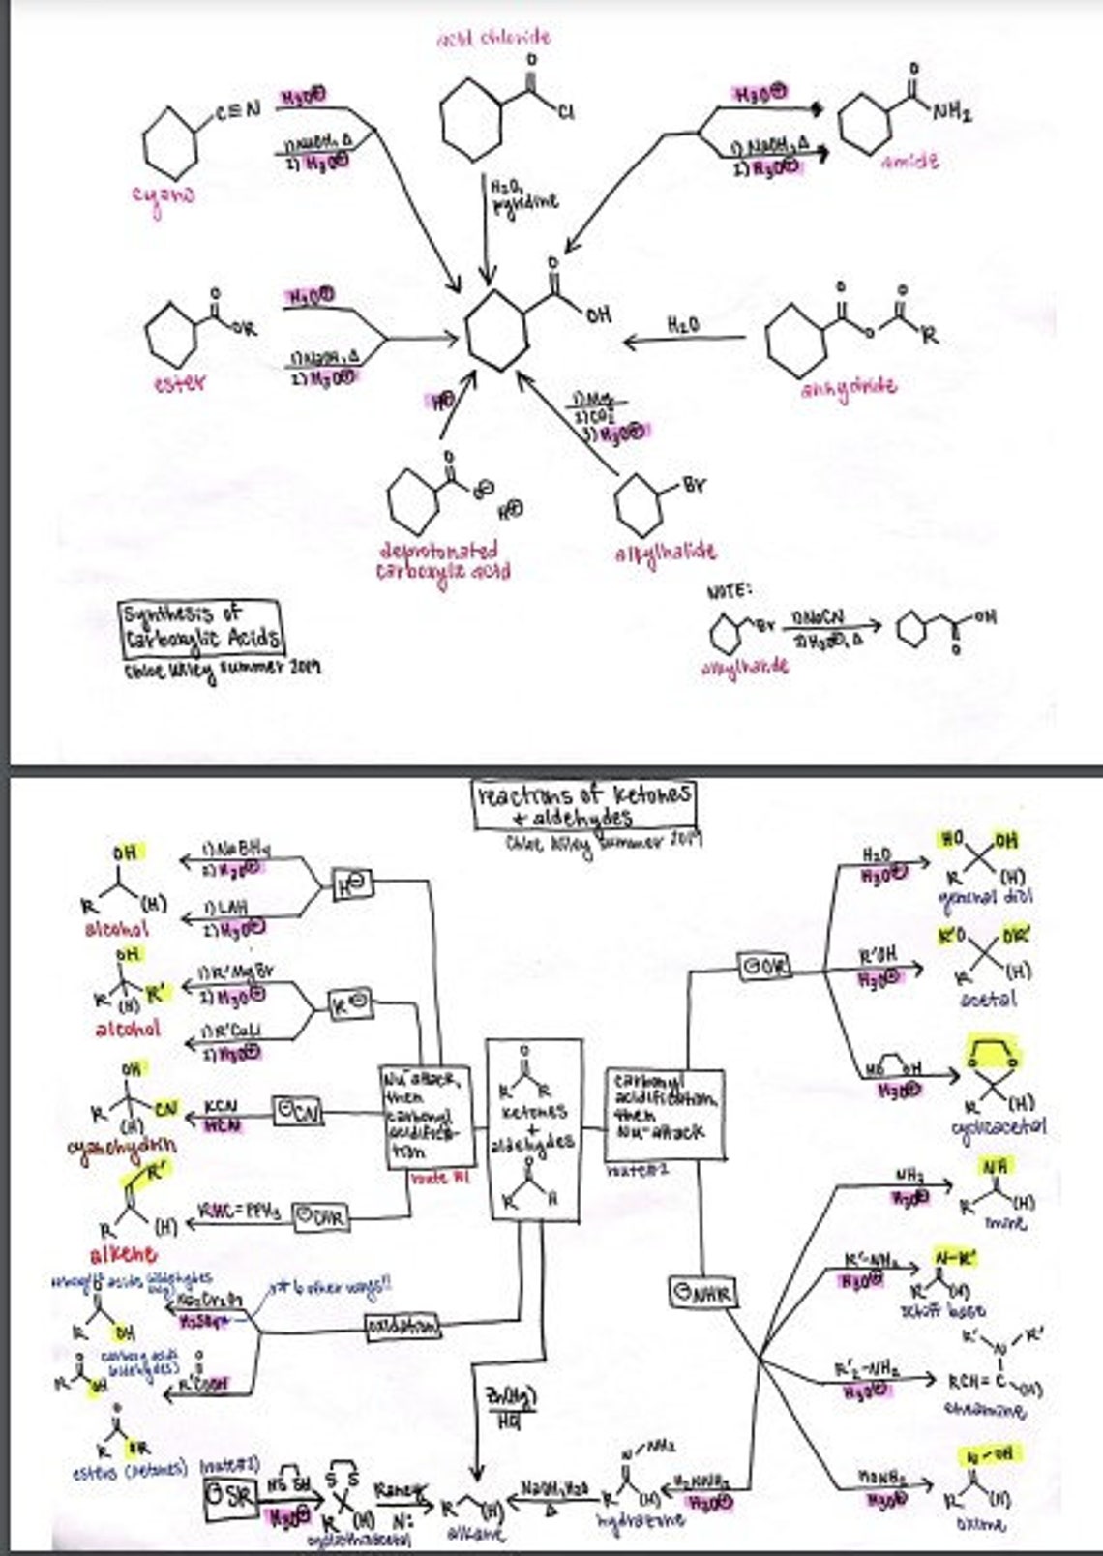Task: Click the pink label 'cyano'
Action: (164, 194)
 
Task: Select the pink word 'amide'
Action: (909, 162)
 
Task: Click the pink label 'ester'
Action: (178, 383)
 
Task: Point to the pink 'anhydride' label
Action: (849, 386)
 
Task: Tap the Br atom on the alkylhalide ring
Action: (695, 484)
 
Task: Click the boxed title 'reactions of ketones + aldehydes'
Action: (584, 805)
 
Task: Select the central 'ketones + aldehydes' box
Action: (534, 1128)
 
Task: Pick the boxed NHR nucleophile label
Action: (702, 1292)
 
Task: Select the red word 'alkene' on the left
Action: (123, 1255)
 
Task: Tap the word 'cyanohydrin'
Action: (122, 1147)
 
